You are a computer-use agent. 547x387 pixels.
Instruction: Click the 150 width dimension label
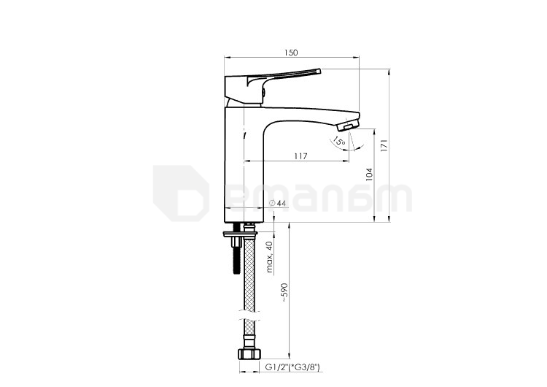(x=291, y=53)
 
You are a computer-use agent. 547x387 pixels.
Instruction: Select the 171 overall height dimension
(x=384, y=145)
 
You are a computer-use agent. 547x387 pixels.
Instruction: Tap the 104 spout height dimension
(x=370, y=175)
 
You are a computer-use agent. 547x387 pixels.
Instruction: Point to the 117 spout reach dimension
(x=300, y=156)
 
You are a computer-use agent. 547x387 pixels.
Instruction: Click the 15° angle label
(x=338, y=142)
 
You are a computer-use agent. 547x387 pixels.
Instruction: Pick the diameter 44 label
(x=278, y=203)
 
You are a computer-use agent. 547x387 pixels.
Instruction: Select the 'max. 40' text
(x=269, y=257)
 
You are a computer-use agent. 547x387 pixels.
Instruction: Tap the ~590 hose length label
(x=284, y=292)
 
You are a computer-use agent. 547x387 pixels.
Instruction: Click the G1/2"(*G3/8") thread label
(x=292, y=367)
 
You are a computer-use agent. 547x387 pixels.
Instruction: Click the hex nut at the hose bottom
(x=249, y=353)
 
